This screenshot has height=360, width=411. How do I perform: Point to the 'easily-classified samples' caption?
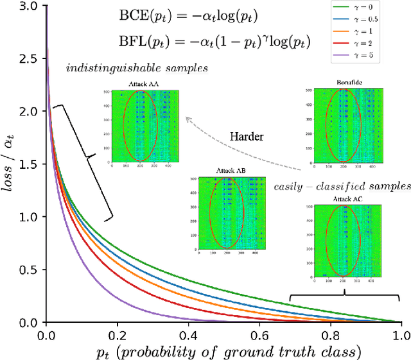click(342, 187)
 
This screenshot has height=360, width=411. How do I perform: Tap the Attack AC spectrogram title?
click(346, 200)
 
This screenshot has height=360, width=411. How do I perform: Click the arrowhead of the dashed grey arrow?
click(188, 117)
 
